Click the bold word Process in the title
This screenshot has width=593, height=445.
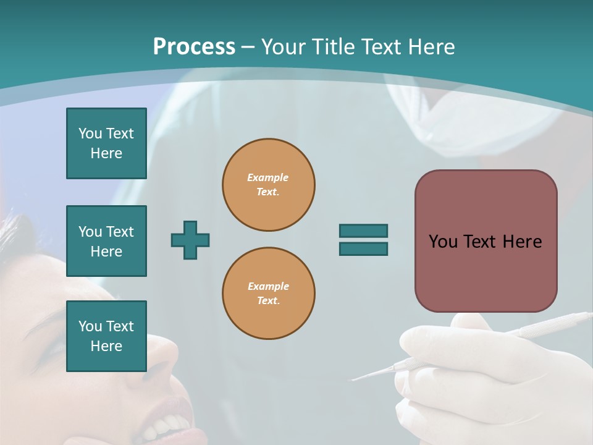click(194, 47)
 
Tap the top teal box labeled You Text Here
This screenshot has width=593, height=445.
click(106, 143)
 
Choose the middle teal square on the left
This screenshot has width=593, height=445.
click(106, 241)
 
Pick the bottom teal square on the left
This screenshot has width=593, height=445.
click(106, 336)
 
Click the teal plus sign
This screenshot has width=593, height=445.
click(190, 240)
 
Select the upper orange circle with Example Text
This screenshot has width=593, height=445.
click(268, 185)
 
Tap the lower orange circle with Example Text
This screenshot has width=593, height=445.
click(268, 294)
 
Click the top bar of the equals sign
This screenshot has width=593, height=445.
click(363, 231)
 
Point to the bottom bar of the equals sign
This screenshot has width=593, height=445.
click(363, 248)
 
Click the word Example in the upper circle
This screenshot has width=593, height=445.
click(268, 178)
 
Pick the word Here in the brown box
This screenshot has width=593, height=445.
click(522, 242)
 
